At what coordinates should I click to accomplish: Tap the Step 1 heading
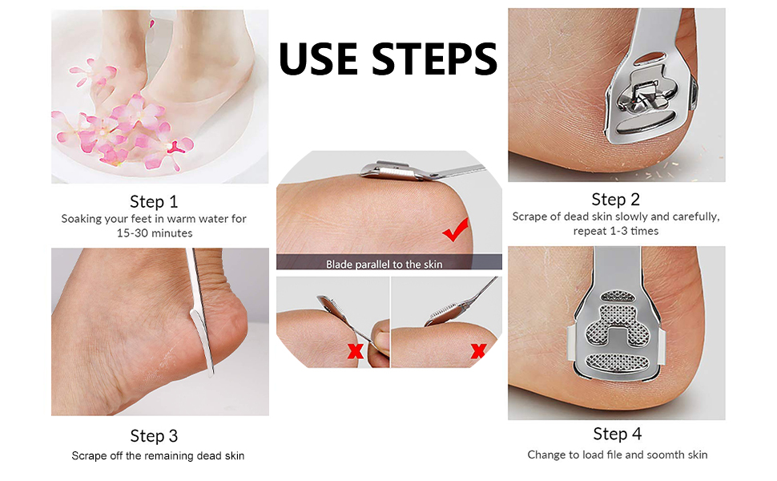tap(154, 201)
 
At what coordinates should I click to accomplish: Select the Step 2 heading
tap(615, 199)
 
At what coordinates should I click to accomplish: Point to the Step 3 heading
tap(154, 436)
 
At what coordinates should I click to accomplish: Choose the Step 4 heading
tap(617, 434)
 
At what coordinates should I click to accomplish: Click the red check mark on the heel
tap(456, 232)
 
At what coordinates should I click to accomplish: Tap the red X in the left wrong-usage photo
tap(354, 350)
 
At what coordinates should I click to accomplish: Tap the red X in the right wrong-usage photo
tap(478, 350)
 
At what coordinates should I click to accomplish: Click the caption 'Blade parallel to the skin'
tap(384, 264)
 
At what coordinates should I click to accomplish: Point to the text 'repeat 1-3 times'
tap(616, 231)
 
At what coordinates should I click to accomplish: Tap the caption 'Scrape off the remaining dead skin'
tap(158, 455)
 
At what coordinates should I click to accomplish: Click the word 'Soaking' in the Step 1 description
tap(83, 218)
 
